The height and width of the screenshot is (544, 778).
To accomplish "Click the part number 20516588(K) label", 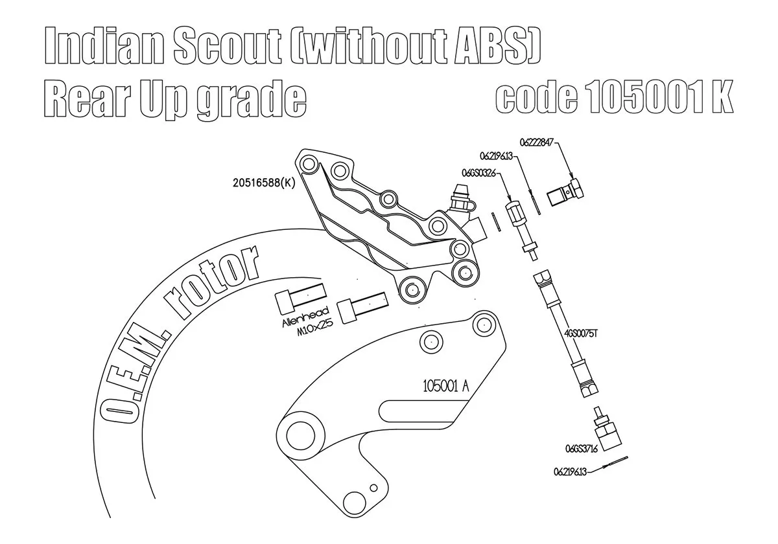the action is pos(264,183).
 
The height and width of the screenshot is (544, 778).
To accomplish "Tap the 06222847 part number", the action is pos(536,142).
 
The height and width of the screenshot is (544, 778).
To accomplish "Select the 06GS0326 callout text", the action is pos(478,172).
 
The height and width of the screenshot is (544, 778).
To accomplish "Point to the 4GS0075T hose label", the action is pos(581,334).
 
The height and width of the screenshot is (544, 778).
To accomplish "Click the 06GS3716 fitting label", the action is pos(582,449).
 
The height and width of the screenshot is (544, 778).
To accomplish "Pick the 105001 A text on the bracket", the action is pos(445,386).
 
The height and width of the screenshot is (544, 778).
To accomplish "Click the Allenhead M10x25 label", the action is pos(307,322).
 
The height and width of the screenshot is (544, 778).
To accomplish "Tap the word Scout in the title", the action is pos(227,47).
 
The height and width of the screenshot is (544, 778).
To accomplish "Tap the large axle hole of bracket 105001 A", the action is pos(300,435).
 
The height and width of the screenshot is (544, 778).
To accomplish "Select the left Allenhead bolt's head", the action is pos(285,304).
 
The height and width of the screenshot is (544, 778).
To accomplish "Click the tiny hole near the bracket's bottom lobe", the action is pos(373,488).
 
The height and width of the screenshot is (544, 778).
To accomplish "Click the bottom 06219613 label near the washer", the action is pos(570,472).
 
